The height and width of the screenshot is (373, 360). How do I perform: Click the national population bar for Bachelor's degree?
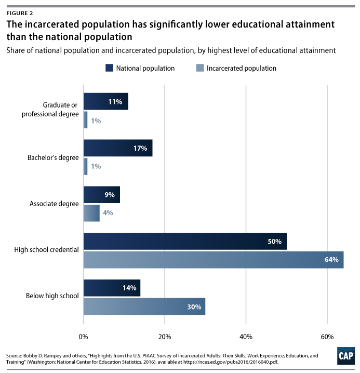tap(117, 148)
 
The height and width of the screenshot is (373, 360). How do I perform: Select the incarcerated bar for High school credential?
tap(213, 259)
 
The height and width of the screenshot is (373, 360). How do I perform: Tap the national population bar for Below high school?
tap(112, 288)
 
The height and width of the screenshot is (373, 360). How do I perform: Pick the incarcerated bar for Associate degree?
tap(91, 212)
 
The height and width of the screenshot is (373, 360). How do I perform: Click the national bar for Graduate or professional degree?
tap(105, 102)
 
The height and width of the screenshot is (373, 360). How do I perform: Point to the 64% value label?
tap(331, 259)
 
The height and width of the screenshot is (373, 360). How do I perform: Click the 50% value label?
tap(274, 241)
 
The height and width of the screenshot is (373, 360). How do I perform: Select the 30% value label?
tap(194, 307)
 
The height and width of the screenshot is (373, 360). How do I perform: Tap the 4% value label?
tap(107, 212)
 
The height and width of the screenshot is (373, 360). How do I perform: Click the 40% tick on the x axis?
tap(246, 336)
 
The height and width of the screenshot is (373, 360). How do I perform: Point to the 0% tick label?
tap(83, 336)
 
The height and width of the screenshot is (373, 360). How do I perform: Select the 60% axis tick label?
tap(327, 336)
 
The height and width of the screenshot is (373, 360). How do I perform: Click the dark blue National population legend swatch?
tap(109, 68)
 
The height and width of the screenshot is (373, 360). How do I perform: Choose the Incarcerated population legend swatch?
tap(199, 68)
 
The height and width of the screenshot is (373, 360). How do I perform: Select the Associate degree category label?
tap(55, 204)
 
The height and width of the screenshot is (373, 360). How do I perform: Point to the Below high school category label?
tap(52, 296)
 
